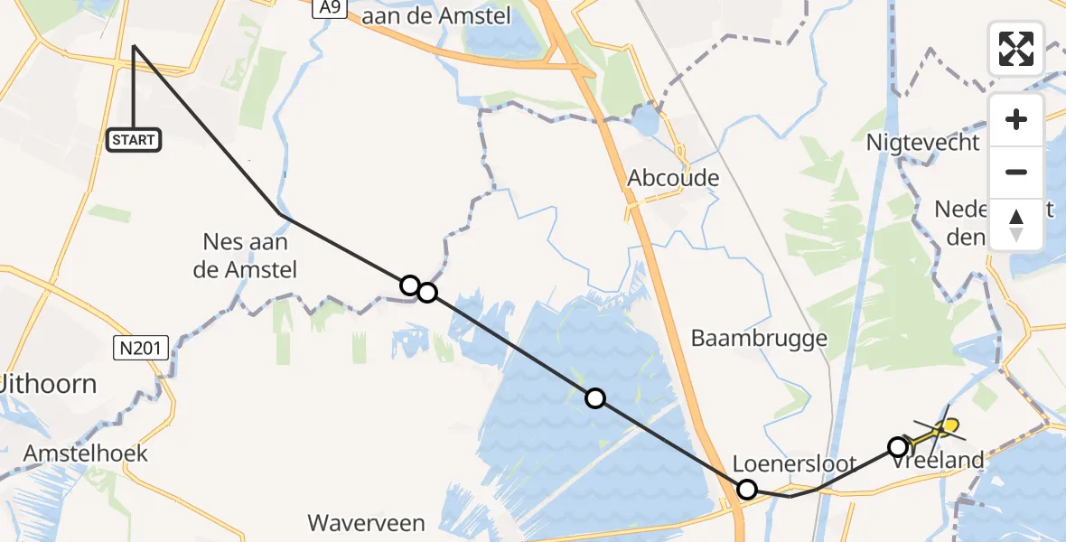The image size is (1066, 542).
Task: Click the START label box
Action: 134,140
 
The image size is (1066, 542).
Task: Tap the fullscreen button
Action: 1016,49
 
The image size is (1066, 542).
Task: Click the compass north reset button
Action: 1016,225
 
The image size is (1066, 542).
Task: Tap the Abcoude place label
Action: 674,178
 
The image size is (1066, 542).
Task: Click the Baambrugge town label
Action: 759,338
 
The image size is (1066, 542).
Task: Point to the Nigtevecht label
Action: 922,143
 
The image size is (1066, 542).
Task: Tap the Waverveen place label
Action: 365,522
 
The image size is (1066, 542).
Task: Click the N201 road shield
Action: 141,346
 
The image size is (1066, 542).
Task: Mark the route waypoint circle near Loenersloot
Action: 747,490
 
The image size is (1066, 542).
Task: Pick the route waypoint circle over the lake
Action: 594,397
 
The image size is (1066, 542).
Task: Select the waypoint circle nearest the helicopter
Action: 897,446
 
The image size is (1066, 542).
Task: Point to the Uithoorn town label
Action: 49,384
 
